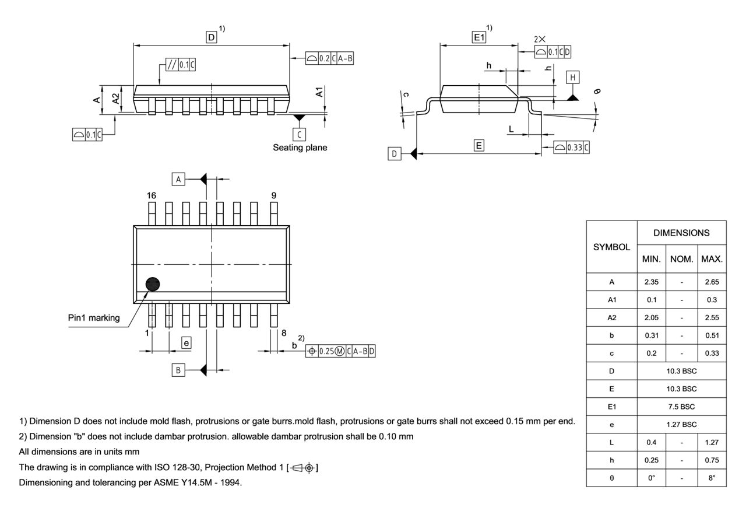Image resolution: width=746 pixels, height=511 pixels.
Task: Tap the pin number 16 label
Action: point(152,196)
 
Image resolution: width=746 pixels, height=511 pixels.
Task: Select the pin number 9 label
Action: point(273,196)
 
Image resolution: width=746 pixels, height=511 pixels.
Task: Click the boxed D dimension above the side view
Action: point(211,37)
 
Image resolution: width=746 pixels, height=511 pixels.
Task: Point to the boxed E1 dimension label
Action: point(478,37)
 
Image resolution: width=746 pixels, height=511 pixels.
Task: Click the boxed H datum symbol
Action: point(573,78)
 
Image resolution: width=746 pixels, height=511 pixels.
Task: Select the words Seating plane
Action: point(300,148)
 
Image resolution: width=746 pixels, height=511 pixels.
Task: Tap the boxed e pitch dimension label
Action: point(186,343)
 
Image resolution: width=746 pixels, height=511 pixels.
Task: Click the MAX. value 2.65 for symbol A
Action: point(712,282)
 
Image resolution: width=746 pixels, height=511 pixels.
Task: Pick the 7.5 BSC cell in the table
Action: point(681,407)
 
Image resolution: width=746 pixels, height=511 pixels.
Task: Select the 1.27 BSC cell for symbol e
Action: point(681,424)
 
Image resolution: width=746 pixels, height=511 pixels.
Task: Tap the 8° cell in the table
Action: point(712,477)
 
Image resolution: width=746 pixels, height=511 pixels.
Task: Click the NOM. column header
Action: point(681,258)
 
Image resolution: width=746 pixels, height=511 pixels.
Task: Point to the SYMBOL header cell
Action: point(611,247)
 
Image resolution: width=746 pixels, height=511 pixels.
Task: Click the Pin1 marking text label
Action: point(94,318)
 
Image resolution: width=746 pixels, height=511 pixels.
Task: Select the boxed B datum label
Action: point(179,370)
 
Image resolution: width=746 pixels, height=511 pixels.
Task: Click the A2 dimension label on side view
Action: point(117,99)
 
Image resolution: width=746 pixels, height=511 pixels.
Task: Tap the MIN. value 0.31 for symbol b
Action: point(651,335)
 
